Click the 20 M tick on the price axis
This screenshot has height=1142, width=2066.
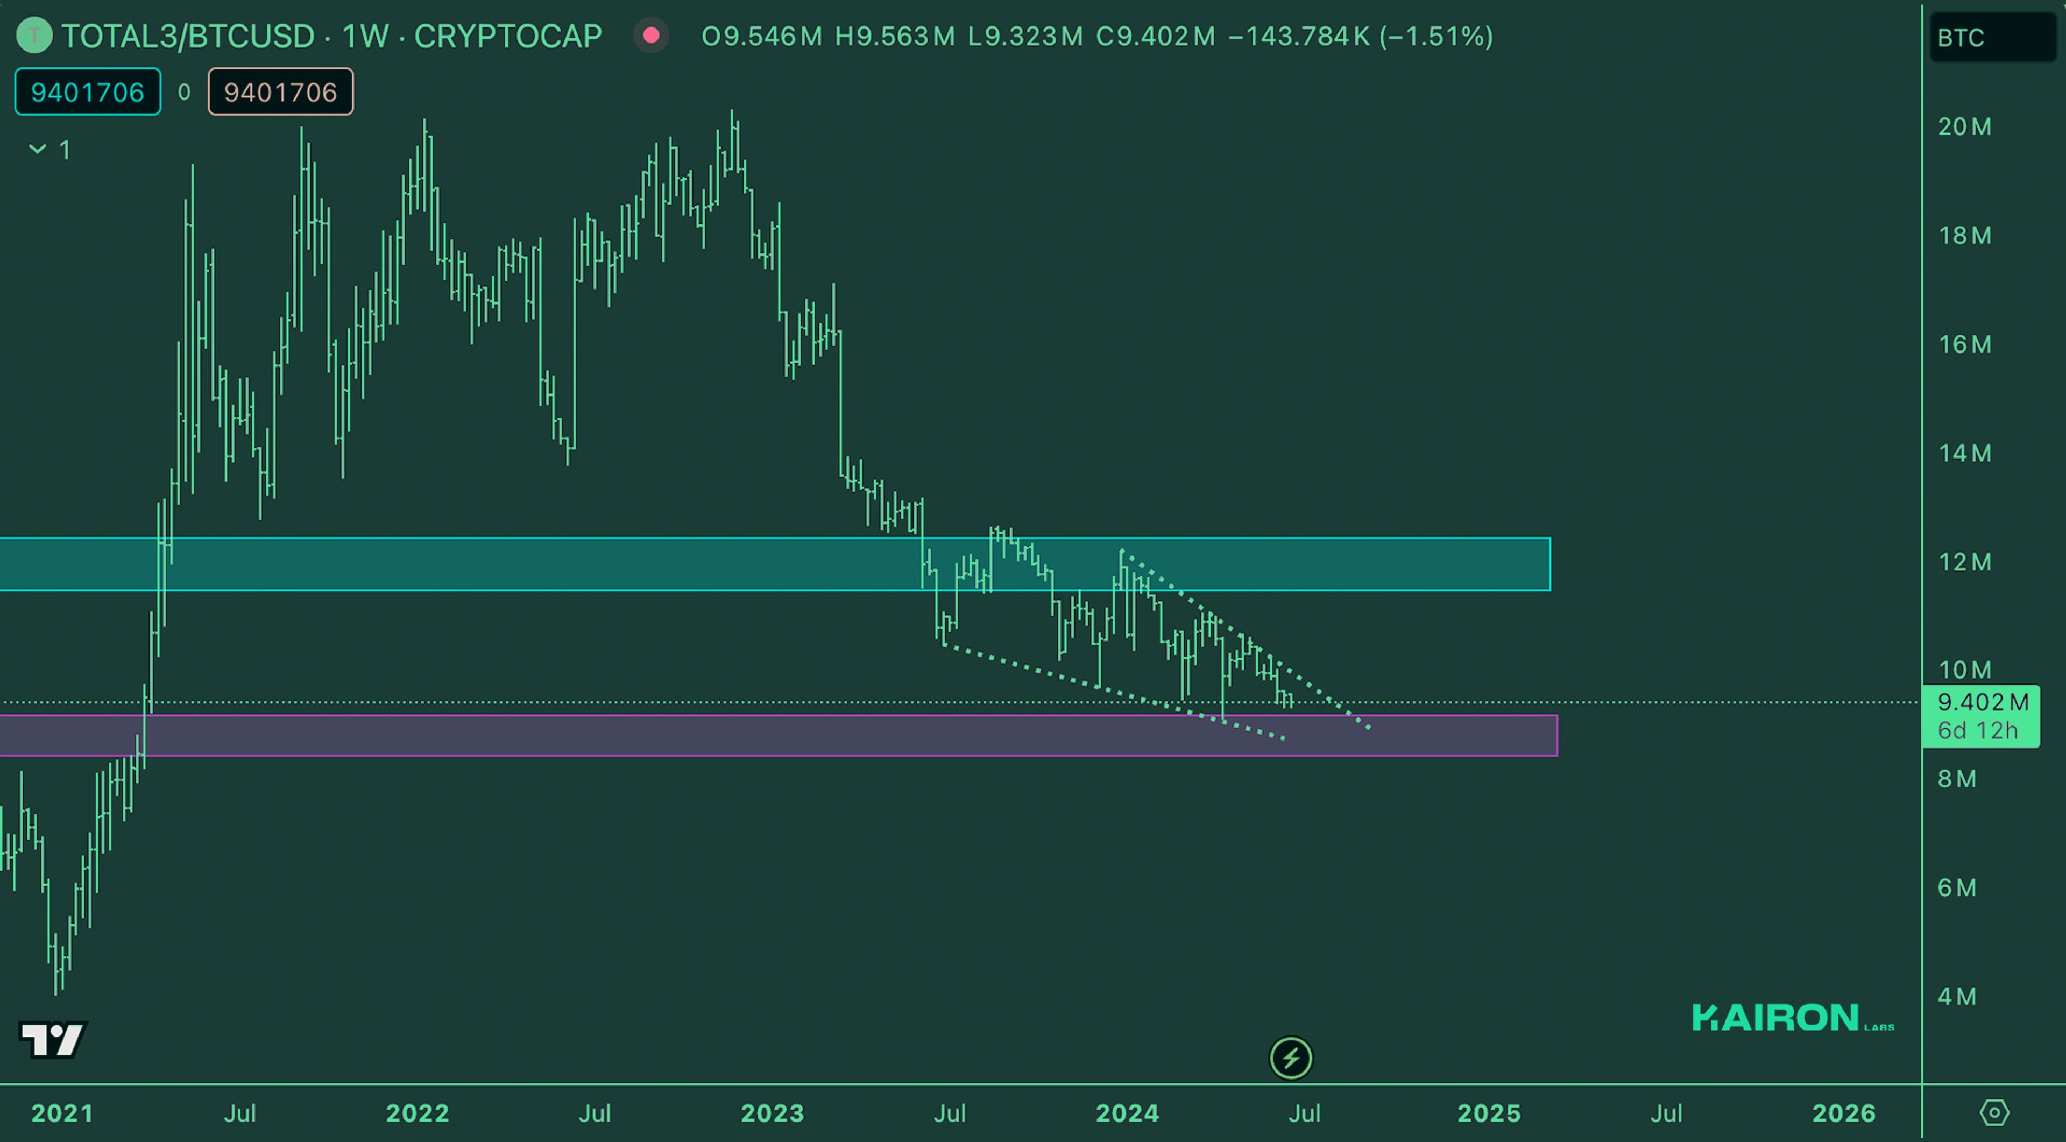tap(1964, 126)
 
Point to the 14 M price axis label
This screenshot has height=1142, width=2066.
tap(1964, 454)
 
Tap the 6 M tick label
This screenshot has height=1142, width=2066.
tap(1956, 888)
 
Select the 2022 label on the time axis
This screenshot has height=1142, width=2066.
tap(417, 1113)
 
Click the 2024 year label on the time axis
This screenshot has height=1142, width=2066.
tap(1127, 1113)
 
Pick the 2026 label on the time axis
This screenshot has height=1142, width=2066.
tap(1844, 1113)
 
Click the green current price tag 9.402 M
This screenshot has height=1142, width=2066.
tap(1982, 703)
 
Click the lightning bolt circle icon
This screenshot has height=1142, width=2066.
tap(1291, 1059)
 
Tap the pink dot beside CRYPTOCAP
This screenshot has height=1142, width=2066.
tap(651, 36)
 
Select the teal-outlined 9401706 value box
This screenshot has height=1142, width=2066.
tap(87, 92)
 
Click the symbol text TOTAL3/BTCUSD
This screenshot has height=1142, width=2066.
tap(188, 36)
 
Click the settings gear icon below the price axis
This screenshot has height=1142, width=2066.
tap(1994, 1113)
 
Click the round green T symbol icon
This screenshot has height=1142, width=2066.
tap(34, 36)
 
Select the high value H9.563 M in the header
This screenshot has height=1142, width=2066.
tap(894, 36)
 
